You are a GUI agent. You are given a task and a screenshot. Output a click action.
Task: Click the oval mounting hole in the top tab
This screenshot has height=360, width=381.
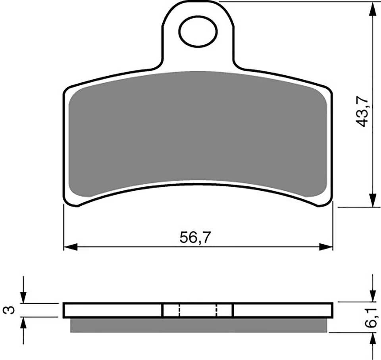(x=198, y=31)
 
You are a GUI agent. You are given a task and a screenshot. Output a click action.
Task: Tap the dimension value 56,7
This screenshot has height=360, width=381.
(x=195, y=237)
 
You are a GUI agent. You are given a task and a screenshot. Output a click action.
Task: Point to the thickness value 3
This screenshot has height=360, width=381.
(x=12, y=310)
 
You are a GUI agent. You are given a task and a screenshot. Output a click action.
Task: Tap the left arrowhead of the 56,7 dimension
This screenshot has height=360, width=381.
(x=70, y=247)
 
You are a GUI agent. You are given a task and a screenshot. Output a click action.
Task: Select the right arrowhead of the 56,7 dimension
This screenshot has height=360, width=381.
(x=327, y=247)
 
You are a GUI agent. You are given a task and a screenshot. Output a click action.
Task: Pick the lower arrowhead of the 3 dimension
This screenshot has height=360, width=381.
(x=24, y=323)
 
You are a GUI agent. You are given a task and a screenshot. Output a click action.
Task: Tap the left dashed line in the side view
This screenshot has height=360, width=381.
(x=179, y=310)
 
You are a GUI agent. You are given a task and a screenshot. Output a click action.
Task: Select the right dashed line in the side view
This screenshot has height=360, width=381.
(x=217, y=310)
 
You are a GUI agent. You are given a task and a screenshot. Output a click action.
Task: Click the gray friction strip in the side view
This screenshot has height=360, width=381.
(x=198, y=325)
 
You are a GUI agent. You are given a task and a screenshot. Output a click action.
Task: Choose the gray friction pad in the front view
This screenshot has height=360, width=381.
(x=198, y=131)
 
